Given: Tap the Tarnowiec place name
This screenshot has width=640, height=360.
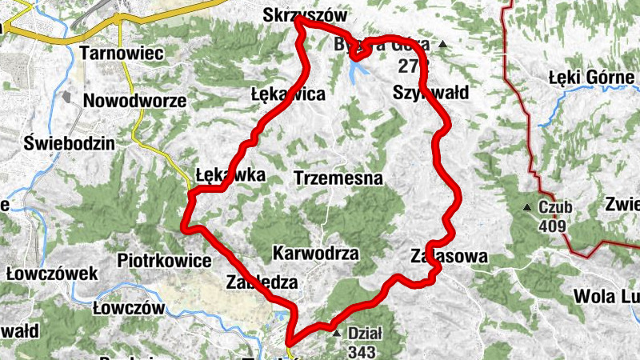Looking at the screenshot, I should (x=122, y=54).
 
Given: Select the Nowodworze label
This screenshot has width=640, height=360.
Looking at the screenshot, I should (x=134, y=102).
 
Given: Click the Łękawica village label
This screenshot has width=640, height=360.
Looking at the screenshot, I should (x=288, y=94).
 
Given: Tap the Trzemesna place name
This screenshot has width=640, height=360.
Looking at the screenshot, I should (x=338, y=178).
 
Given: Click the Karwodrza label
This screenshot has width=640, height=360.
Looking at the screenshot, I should (x=315, y=254).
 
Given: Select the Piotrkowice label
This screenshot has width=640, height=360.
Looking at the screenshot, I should (x=164, y=261).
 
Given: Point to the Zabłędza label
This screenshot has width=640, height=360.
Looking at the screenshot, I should (x=262, y=282).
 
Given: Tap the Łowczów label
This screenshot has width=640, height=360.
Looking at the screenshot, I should (x=129, y=308).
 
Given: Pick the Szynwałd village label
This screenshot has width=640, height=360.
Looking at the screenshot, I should (x=430, y=92).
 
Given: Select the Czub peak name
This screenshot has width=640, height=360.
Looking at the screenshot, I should (x=555, y=208).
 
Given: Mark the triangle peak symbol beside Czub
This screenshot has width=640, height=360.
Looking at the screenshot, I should (x=527, y=209).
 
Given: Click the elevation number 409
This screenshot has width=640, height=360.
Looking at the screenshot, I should (x=553, y=226).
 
